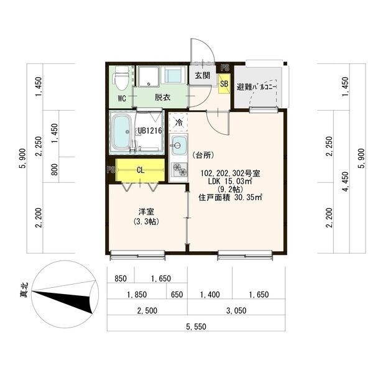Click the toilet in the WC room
pos(122,78)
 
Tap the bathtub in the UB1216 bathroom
pos(122,132)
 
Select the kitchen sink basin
pos(178,145)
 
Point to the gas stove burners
pos(179,169)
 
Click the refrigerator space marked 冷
pos(178,122)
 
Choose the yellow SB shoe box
pos(224,83)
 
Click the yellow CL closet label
pos(140,170)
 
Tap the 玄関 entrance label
pos(203,76)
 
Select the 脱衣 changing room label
pos(162,98)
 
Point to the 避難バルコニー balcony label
pos(256,87)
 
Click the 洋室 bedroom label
pos(146,211)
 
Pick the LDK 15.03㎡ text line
pos(230,182)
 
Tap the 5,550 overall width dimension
pos(196,326)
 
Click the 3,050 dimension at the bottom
pos(236,310)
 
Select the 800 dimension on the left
pos(55,169)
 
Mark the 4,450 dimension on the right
pos(346,182)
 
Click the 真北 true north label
pos(24,290)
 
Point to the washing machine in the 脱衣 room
pos(173,75)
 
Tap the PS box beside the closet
pos(111,170)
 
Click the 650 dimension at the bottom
pos(177,295)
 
